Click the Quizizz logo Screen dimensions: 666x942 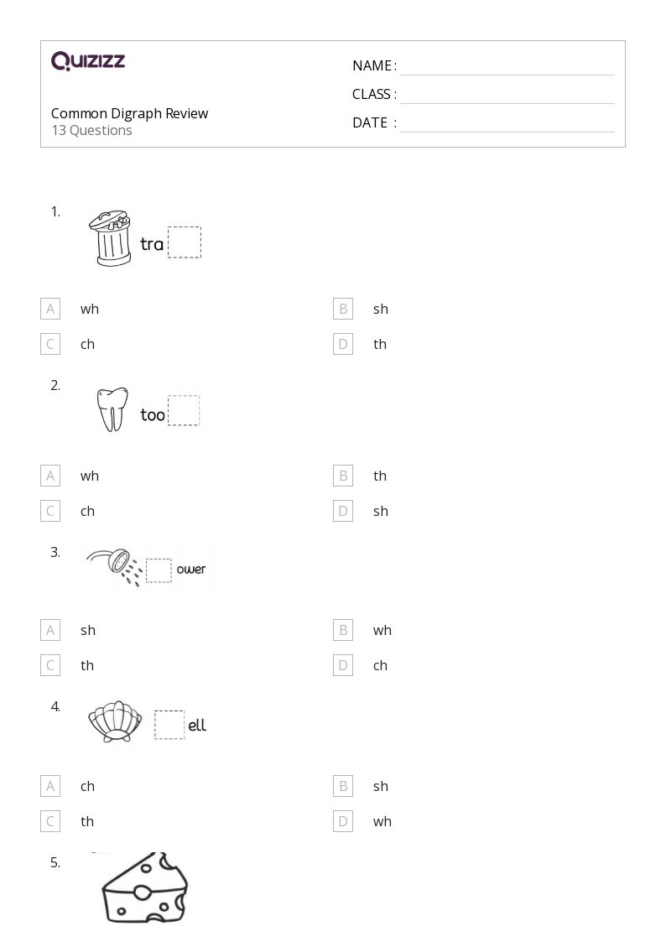[88, 60]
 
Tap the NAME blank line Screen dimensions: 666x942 [507, 75]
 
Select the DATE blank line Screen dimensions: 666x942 [507, 132]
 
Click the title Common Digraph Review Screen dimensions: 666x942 [130, 113]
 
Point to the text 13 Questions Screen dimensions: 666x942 [92, 130]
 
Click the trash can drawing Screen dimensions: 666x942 [111, 238]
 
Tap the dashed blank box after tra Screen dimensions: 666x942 [185, 242]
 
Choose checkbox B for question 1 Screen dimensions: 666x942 [343, 309]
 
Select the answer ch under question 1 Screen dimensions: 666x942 [88, 344]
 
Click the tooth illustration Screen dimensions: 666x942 [112, 409]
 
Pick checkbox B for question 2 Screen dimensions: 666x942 [343, 476]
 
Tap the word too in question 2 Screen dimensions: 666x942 [153, 414]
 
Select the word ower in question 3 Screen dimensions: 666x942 [191, 569]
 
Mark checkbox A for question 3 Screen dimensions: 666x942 [50, 630]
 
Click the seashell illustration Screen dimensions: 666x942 [115, 721]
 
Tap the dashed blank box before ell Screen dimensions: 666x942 [169, 725]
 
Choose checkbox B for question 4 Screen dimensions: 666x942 [343, 786]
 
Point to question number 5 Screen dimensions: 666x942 [55, 862]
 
